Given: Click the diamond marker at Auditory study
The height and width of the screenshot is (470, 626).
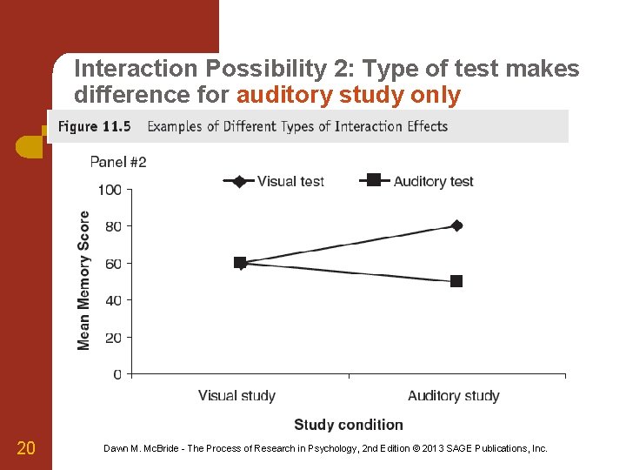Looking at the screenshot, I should (456, 225).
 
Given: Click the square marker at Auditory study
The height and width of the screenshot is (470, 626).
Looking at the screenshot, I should (456, 281).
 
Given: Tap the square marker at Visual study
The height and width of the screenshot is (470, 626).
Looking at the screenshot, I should (240, 262).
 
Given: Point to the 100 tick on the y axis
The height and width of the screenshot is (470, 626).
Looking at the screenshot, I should (110, 189).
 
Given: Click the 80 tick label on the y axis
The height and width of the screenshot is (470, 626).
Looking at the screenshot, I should (113, 226).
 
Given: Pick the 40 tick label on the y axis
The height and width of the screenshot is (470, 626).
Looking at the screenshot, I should (113, 300).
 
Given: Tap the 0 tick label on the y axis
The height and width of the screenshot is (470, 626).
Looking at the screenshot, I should (117, 374).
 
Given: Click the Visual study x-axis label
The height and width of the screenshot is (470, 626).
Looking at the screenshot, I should (236, 396).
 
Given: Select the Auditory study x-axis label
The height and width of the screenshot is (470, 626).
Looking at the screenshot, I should (454, 396).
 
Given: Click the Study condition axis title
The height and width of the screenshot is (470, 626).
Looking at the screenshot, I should (349, 425).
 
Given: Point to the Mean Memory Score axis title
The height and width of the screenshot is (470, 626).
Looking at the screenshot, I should (84, 280).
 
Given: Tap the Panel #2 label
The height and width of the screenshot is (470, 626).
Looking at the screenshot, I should (118, 162).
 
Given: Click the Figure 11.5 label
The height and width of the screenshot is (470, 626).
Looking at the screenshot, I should (94, 127).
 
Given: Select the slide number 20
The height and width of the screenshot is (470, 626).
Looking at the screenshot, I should (26, 448).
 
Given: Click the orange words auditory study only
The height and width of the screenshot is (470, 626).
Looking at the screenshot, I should (348, 95).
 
